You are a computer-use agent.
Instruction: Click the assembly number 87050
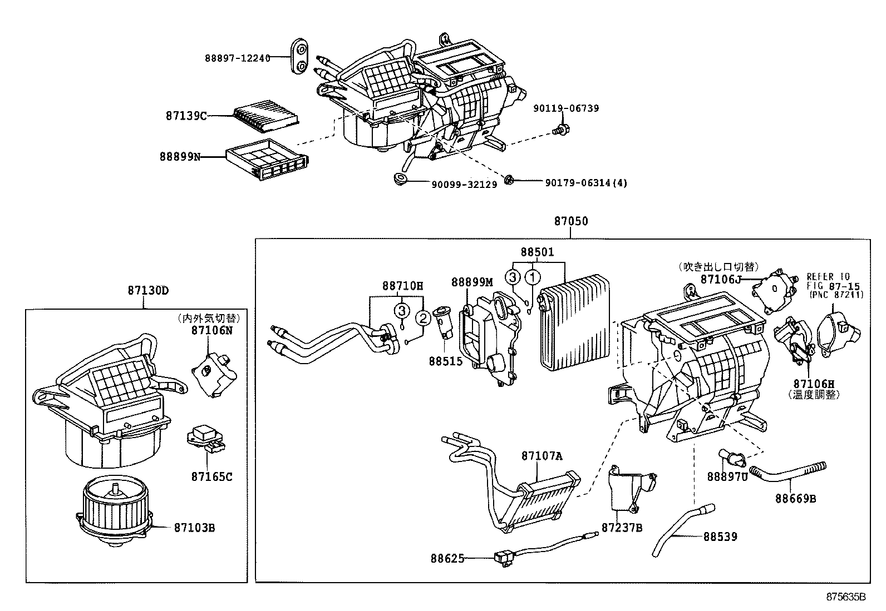pyautogui.click(x=570, y=222)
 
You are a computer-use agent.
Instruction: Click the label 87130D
pyautogui.click(x=147, y=290)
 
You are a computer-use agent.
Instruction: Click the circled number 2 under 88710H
pyautogui.click(x=423, y=318)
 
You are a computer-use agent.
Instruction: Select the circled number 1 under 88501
pyautogui.click(x=533, y=276)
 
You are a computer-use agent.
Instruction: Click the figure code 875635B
pyautogui.click(x=846, y=597)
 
